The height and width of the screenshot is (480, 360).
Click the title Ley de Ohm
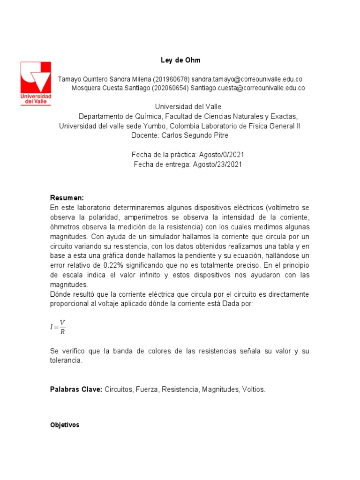click(x=180, y=60)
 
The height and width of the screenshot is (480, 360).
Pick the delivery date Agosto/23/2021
click(x=217, y=164)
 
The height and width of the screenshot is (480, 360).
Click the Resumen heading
click(x=67, y=198)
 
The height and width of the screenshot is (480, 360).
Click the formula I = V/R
click(x=58, y=327)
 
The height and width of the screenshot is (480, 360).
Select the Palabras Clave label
click(x=76, y=390)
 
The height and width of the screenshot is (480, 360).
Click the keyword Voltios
click(x=253, y=390)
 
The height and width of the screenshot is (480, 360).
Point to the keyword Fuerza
click(x=147, y=390)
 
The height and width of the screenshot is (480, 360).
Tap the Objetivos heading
click(x=65, y=425)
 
